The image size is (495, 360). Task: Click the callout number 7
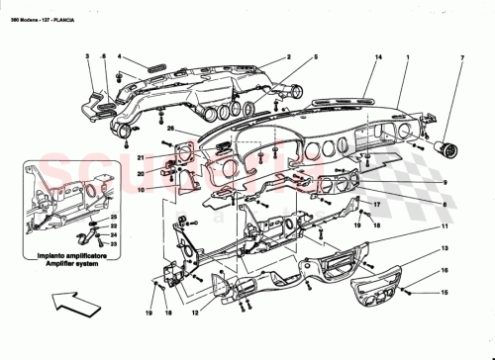tap(462, 59)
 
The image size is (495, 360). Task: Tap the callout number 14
tap(377, 59)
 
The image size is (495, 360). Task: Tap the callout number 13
tap(446, 247)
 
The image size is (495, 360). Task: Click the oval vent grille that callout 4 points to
tap(156, 67)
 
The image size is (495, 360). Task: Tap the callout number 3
tap(87, 56)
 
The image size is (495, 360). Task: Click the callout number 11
tap(446, 227)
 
